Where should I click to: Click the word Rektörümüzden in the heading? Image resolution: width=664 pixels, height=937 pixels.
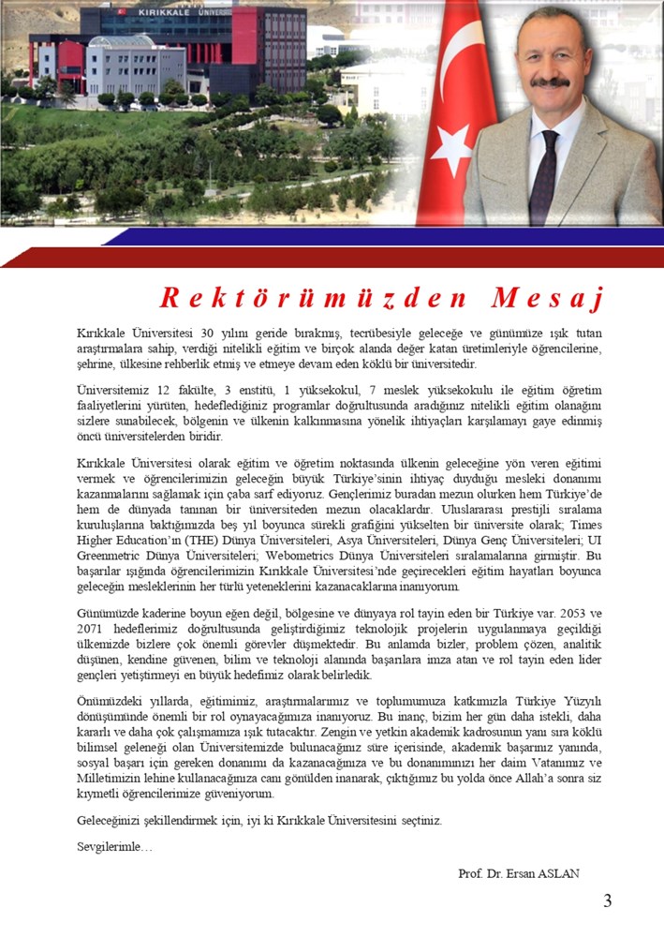[313, 298]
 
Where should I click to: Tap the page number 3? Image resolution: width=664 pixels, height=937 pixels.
[607, 901]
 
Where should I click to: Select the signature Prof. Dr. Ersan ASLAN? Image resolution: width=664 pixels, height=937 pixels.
[519, 873]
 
